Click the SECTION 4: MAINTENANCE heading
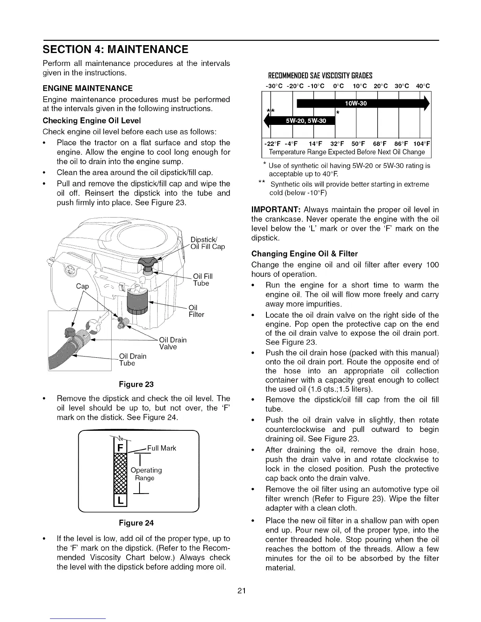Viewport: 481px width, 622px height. tap(116, 50)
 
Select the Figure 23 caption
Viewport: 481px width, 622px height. tap(136, 384)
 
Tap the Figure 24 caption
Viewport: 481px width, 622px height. tap(136, 523)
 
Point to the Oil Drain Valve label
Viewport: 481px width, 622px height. tap(173, 343)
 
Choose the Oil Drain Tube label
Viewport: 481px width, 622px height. tap(132, 360)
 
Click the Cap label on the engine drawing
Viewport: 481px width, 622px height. tap(82, 286)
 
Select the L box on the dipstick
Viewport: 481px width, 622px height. tap(119, 501)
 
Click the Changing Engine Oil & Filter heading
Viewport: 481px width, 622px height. tap(305, 254)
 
